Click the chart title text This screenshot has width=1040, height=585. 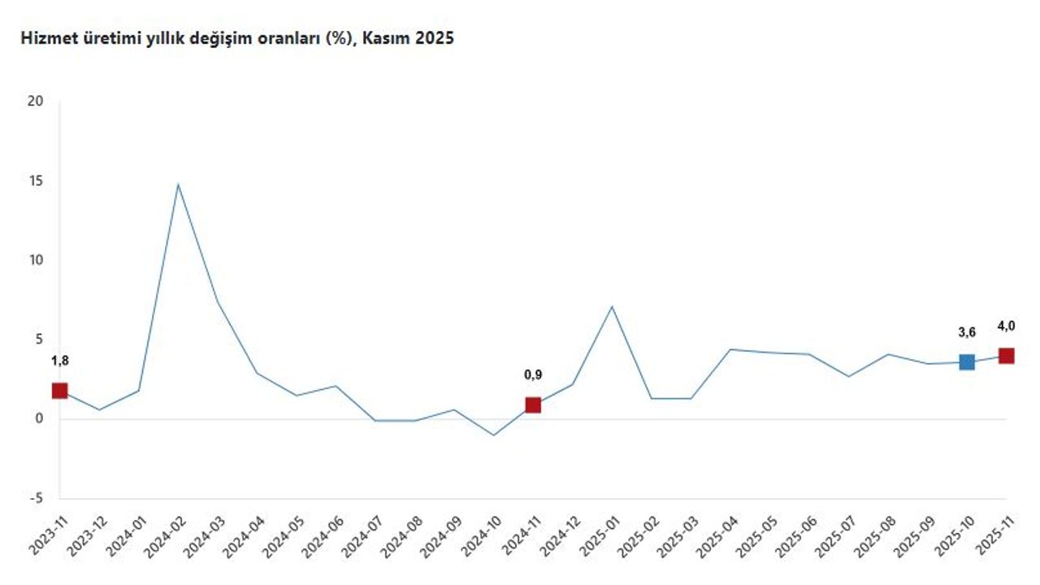point(236,38)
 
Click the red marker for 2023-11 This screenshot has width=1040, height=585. point(59,391)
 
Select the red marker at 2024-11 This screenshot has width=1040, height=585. point(533,405)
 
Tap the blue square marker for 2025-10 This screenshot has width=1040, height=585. point(967,362)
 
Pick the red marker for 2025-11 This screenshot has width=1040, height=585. point(1007,356)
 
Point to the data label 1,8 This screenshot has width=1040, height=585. point(59,361)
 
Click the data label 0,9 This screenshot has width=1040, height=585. point(533,375)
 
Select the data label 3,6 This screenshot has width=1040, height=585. point(967,332)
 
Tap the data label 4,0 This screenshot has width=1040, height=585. point(1007,326)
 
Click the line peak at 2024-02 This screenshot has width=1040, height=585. point(178,184)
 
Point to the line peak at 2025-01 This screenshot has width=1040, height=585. point(612,306)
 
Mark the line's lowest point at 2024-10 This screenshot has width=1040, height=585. point(493,435)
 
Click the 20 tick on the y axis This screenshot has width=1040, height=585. point(34,102)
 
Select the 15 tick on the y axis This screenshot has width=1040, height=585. point(34,181)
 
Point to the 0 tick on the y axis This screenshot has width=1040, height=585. point(37,419)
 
